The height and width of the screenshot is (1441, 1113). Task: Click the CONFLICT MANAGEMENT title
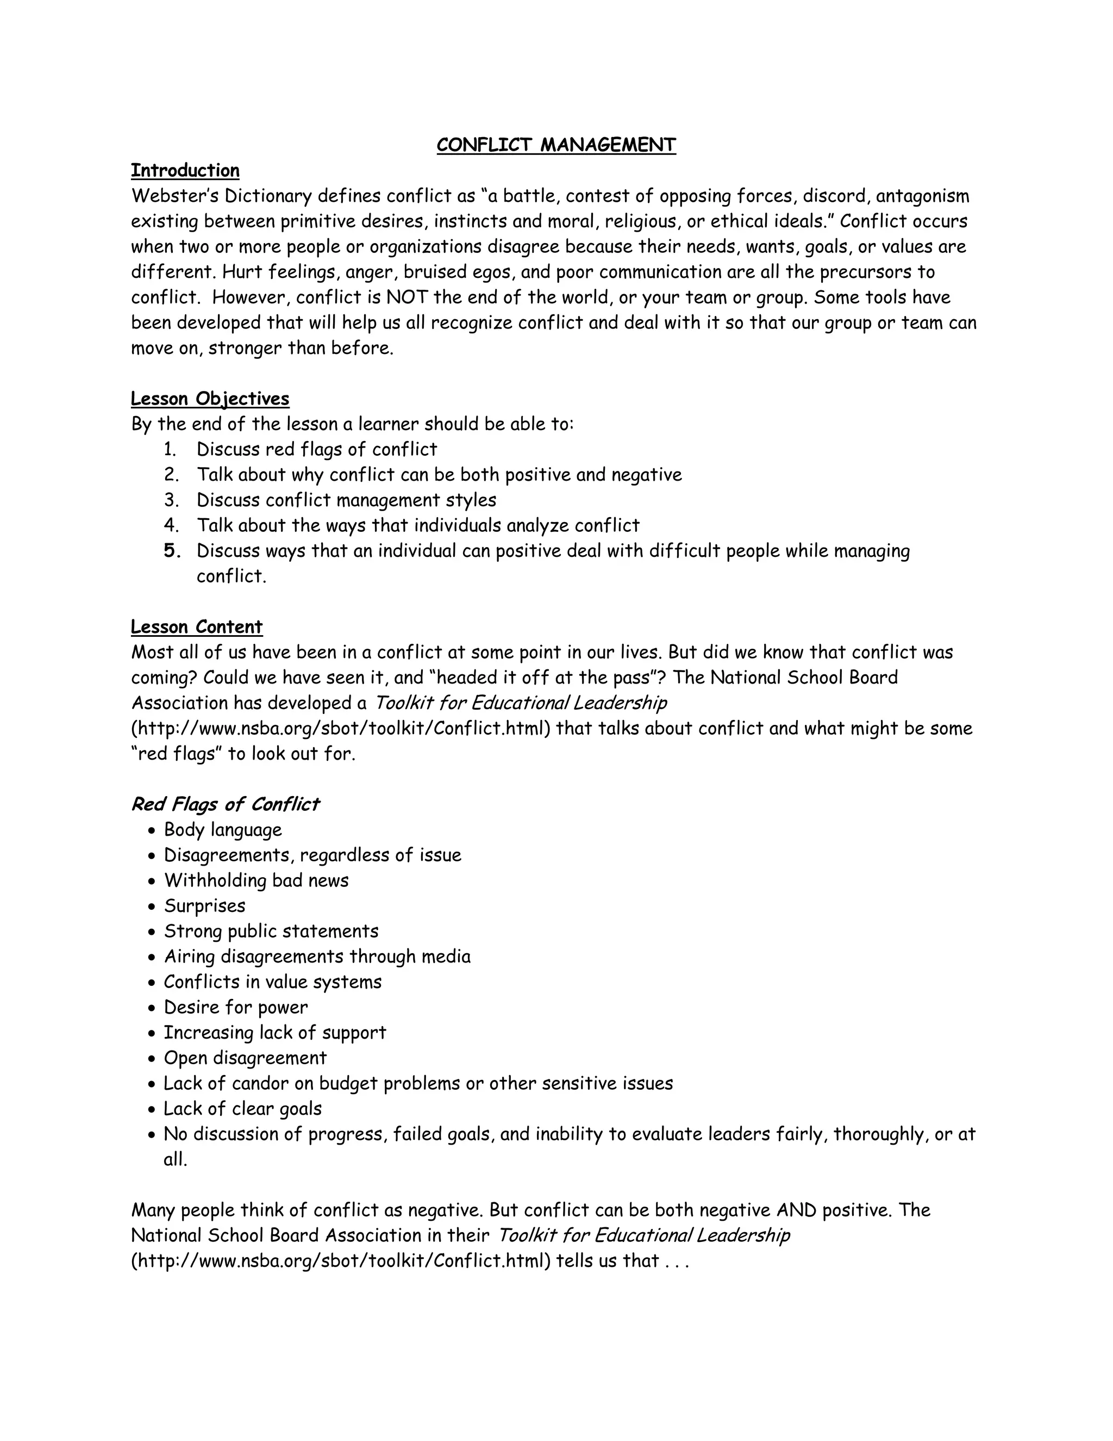[556, 145]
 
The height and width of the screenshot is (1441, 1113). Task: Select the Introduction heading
[185, 170]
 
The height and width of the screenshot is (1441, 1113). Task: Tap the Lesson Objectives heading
[210, 399]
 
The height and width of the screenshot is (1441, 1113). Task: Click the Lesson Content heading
[197, 627]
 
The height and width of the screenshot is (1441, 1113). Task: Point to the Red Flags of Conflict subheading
[224, 804]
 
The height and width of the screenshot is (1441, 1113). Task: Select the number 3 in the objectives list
[171, 500]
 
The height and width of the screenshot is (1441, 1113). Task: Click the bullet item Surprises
[204, 906]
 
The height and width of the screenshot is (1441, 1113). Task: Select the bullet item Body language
[222, 830]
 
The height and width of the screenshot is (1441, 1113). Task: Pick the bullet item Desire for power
[235, 1008]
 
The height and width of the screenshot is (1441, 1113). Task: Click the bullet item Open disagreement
[245, 1058]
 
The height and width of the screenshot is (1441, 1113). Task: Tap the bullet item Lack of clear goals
[242, 1109]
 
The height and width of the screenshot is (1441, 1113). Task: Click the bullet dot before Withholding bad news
[152, 881]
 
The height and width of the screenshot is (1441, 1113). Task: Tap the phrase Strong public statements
[271, 931]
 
